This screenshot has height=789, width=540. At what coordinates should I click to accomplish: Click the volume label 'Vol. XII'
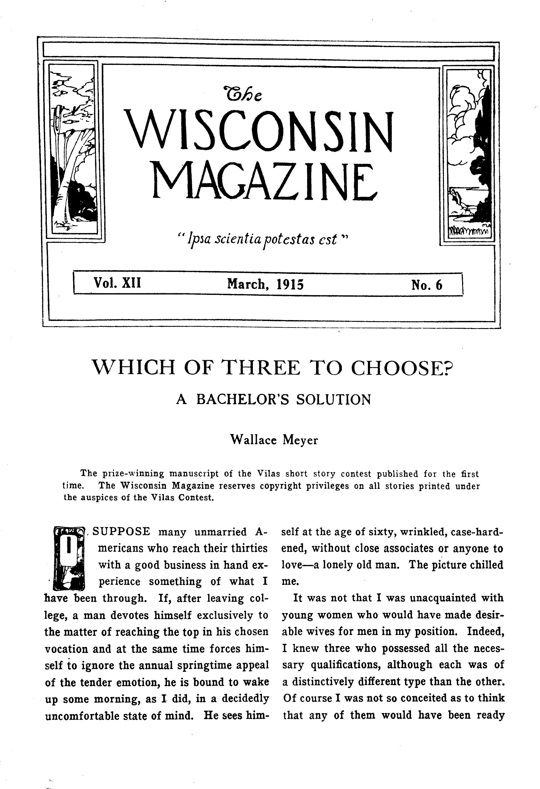[117, 283]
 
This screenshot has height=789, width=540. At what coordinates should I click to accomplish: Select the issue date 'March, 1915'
[265, 284]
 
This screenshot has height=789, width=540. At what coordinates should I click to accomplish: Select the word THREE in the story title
[261, 368]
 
